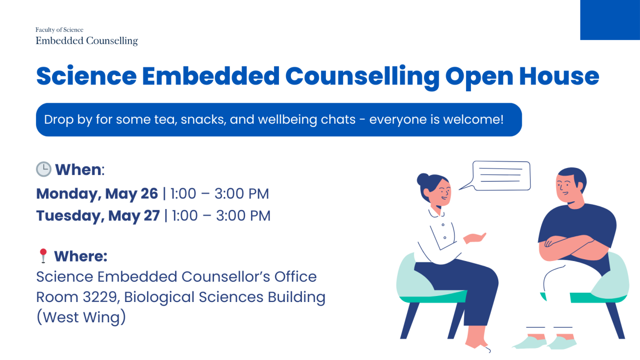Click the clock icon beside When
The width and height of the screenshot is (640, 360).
coord(44,169)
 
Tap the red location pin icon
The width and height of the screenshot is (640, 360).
coord(43,256)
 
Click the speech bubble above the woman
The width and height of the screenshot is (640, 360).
coord(496,176)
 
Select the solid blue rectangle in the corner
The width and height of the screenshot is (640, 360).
coord(610,20)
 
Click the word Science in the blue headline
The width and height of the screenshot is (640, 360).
coord(86,77)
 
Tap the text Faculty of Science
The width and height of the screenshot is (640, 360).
coord(59,30)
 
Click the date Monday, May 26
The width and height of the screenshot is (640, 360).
coord(97,194)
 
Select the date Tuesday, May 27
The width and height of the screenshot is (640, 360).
coord(98,216)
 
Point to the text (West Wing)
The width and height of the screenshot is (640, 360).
coord(81,317)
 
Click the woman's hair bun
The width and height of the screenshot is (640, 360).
coord(423,179)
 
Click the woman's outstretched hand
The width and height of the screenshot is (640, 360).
coord(475,237)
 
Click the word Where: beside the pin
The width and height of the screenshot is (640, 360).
coord(81,257)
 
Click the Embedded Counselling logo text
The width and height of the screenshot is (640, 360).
coord(86,41)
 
